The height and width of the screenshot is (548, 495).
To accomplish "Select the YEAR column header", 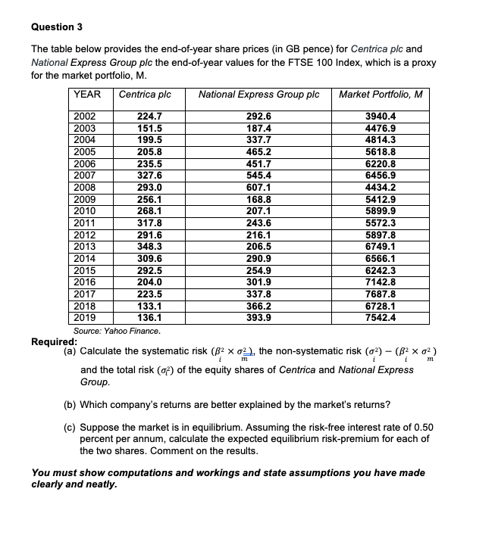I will click(89, 95).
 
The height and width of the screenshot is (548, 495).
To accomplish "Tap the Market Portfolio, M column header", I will click(381, 95).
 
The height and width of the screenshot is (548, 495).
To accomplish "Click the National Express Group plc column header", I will click(260, 95).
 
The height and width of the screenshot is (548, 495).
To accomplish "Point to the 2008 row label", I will click(85, 187).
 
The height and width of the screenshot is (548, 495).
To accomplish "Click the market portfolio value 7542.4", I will click(381, 319).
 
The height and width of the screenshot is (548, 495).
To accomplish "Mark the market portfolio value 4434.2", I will click(381, 187).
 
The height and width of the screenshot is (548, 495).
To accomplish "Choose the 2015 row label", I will click(85, 269).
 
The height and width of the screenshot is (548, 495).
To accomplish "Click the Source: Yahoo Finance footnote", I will click(117, 332).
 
